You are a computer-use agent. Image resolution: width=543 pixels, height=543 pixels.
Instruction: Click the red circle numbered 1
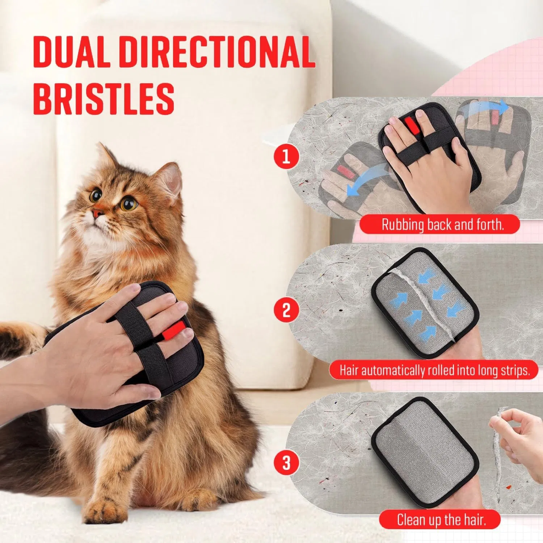[x=286, y=157]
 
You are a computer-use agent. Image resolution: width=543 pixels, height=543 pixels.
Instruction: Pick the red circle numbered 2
[x=286, y=310]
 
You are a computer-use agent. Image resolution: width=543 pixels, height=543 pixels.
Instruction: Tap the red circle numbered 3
[x=286, y=462]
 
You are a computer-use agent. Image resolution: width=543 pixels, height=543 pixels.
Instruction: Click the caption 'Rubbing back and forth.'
[x=442, y=225]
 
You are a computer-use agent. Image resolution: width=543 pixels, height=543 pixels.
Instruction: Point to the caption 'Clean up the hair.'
[x=441, y=520]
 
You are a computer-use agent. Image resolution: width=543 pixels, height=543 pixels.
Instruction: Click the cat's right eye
[x=96, y=196]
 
